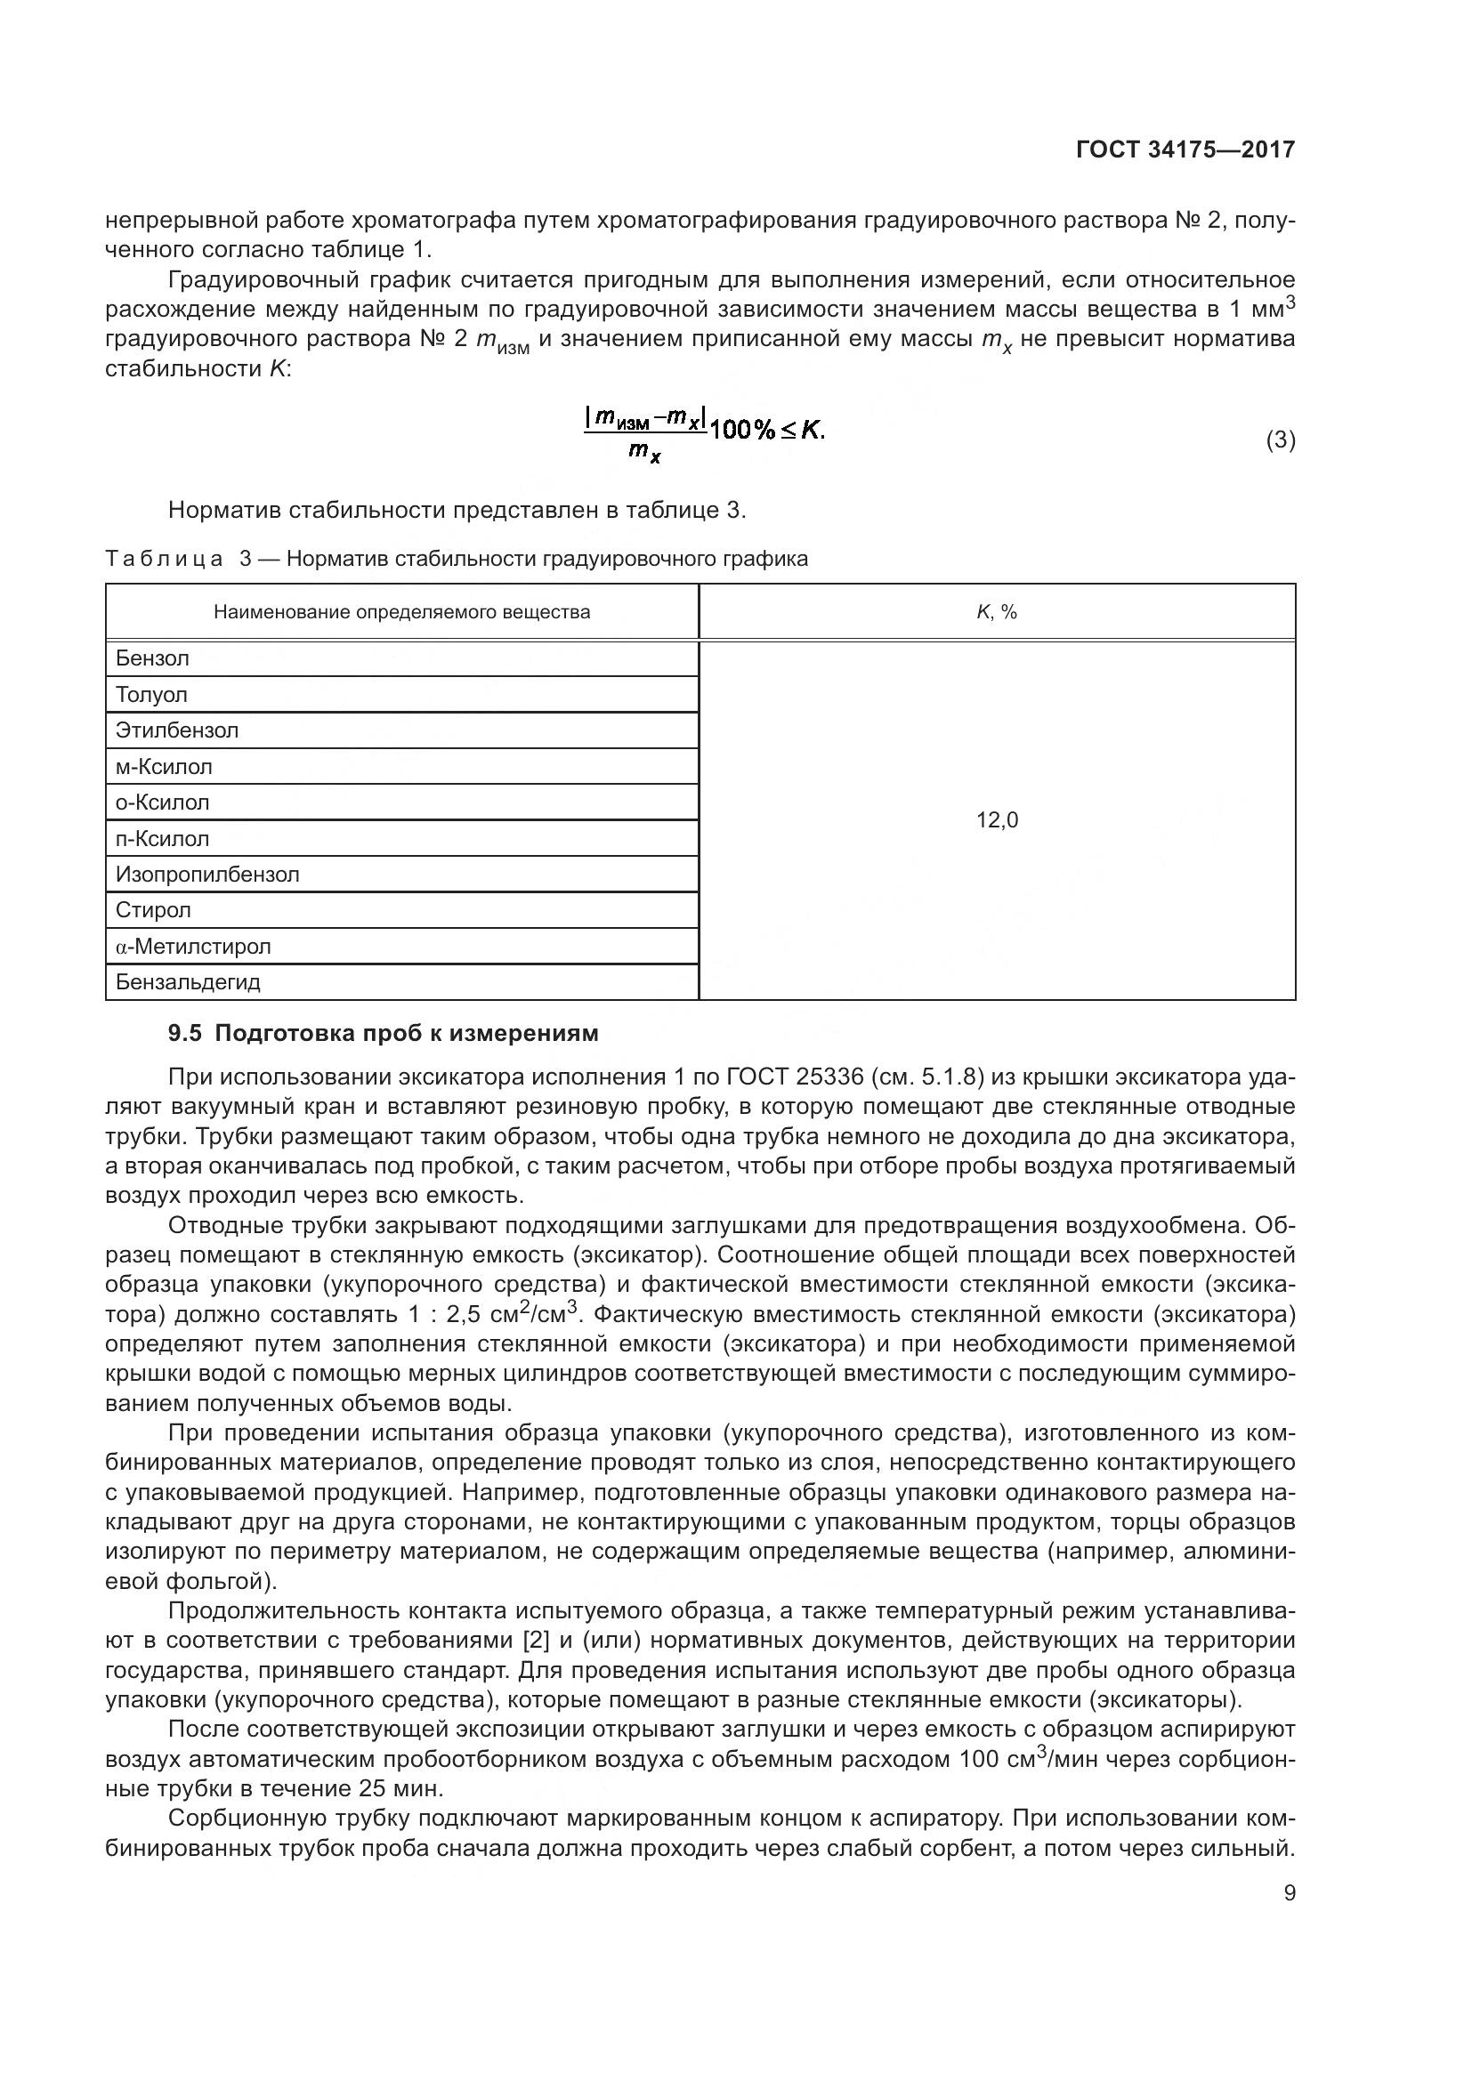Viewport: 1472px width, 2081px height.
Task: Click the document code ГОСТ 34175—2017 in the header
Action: click(x=1185, y=149)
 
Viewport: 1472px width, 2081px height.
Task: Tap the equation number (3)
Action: click(x=1280, y=440)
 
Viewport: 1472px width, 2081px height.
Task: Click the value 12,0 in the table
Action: click(x=997, y=820)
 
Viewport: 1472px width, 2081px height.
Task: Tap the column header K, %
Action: click(x=997, y=613)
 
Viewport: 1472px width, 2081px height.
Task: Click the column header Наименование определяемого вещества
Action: click(x=401, y=613)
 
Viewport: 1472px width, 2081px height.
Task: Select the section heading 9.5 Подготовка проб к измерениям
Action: click(x=384, y=1033)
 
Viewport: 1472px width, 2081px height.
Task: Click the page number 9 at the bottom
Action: click(x=1289, y=1892)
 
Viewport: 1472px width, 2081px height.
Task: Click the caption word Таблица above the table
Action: click(x=164, y=560)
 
